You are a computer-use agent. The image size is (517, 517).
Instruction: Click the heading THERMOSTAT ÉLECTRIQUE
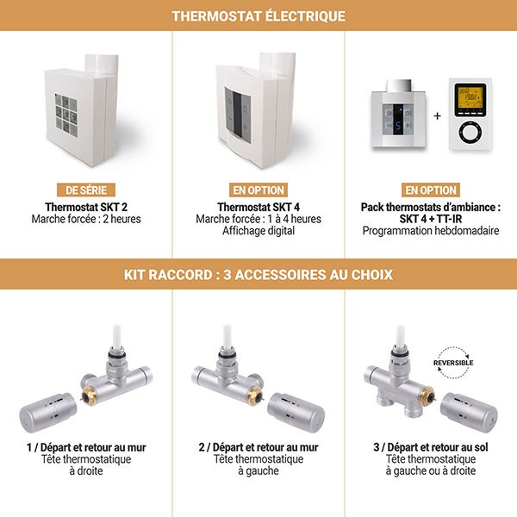point(258,16)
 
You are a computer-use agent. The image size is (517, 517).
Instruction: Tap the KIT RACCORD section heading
point(258,275)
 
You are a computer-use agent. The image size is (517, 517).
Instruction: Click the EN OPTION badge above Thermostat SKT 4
point(258,190)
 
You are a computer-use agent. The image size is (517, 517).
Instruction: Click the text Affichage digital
point(258,231)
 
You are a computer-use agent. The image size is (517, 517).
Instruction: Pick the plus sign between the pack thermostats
point(437,115)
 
